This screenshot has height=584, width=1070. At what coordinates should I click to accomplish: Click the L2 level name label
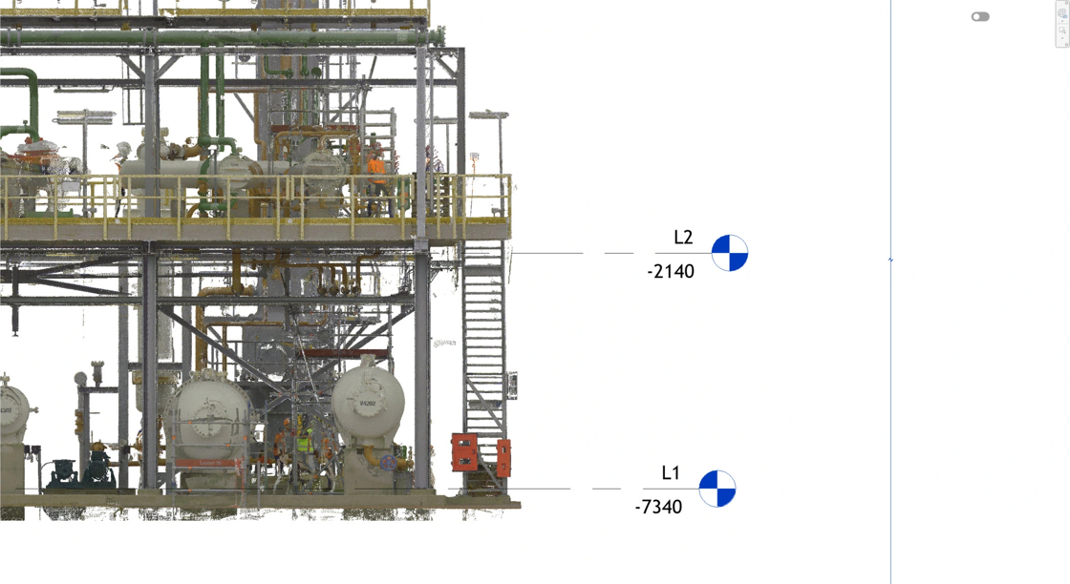[x=683, y=238]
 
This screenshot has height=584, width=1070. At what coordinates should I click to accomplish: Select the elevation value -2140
[x=671, y=272]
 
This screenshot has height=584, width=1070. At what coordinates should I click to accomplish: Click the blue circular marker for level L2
[x=730, y=253]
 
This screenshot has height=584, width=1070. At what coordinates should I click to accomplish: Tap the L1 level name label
[x=671, y=473]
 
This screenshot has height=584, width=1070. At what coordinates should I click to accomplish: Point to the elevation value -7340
[x=658, y=507]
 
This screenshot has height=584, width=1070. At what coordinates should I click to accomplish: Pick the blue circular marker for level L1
[x=717, y=489]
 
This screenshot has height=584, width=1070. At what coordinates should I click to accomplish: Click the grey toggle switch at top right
[x=980, y=16]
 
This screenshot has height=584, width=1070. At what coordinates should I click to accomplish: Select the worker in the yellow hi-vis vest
[x=305, y=447]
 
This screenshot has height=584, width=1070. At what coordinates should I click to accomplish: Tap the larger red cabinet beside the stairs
[x=464, y=451]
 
